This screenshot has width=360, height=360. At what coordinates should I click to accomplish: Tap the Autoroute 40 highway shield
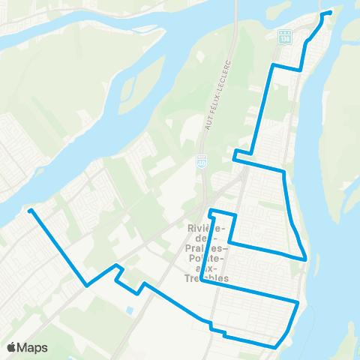pos(202,160)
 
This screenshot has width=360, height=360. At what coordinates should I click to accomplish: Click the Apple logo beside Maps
pos(11,348)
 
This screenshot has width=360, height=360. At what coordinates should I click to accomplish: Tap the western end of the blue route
pos(29,211)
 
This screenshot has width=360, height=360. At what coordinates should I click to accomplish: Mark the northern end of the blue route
pos(330,12)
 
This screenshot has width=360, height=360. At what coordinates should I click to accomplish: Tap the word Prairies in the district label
pos(204,247)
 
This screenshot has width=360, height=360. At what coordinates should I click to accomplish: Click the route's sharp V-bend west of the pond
pos(87,286)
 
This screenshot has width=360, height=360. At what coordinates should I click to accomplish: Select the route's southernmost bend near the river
pos(276,346)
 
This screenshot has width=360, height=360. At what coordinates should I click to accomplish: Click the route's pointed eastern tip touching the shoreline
pos(305,259)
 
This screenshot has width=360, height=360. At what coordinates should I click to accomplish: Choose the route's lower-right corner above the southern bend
pos(298,303)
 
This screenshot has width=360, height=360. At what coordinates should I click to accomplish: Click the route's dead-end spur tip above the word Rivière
pos(210,210)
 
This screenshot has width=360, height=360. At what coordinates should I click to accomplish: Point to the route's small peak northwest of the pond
pos(116,265)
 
